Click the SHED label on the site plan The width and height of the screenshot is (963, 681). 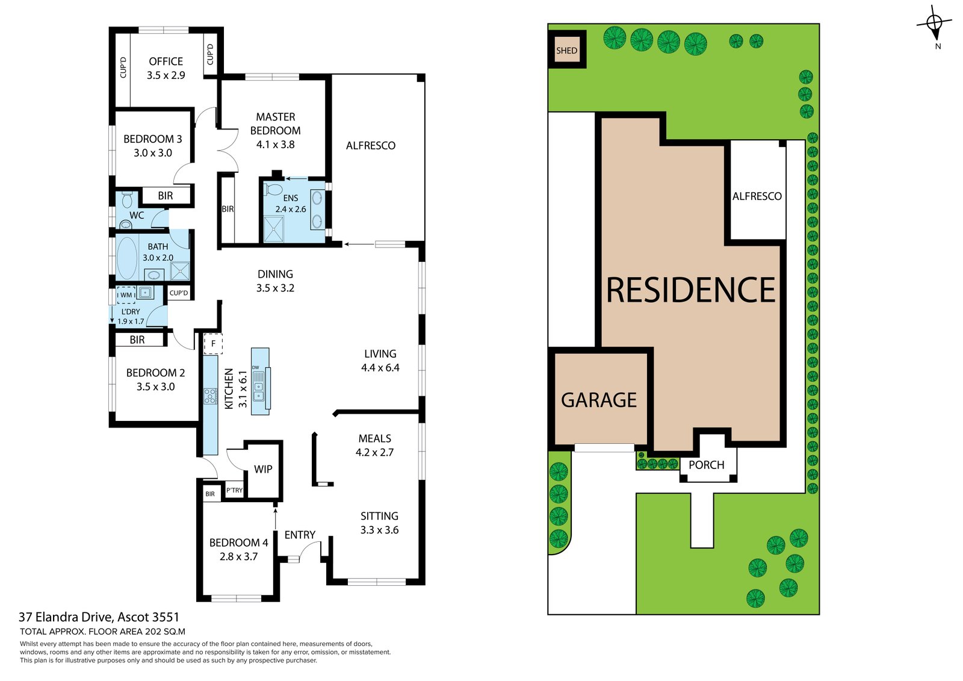coord(566,51)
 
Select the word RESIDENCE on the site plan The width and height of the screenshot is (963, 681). coord(690,290)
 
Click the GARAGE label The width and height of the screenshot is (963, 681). coord(599,400)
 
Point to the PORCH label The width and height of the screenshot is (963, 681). coord(706,465)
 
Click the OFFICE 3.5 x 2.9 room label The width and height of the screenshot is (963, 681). coord(166,68)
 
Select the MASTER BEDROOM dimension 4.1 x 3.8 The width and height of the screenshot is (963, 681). coord(275,145)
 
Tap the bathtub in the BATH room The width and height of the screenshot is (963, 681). coord(127,258)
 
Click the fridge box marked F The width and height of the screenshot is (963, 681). coord(213,343)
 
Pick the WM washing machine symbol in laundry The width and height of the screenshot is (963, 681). coord(126,294)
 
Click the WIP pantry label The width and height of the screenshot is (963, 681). coord(263,469)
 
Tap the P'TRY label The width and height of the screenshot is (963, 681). coord(234,490)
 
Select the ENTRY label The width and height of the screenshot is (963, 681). coord(300,535)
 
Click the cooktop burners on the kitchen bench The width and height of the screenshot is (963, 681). coord(210,396)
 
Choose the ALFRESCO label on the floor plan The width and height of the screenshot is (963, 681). coord(370,146)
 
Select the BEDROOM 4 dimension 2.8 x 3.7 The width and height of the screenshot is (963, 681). coord(238,557)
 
